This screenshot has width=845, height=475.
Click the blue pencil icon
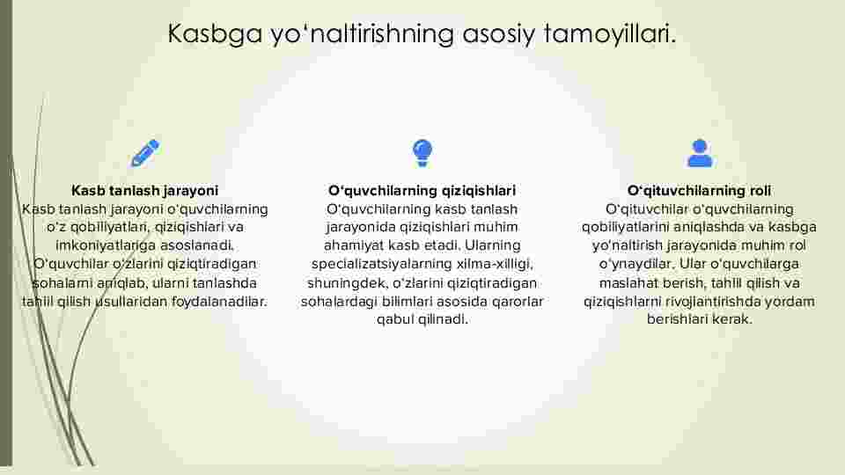click(x=145, y=153)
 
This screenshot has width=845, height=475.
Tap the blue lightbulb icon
click(x=422, y=153)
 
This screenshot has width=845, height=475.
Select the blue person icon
click(x=700, y=153)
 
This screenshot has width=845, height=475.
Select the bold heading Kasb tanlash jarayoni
click(x=145, y=191)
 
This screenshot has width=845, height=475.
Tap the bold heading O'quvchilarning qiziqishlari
click(x=422, y=191)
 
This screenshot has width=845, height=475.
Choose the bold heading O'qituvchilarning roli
click(x=699, y=191)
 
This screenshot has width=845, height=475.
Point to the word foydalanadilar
click(x=219, y=301)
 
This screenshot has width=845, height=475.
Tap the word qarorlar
click(x=519, y=302)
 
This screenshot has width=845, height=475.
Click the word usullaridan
click(x=131, y=301)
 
